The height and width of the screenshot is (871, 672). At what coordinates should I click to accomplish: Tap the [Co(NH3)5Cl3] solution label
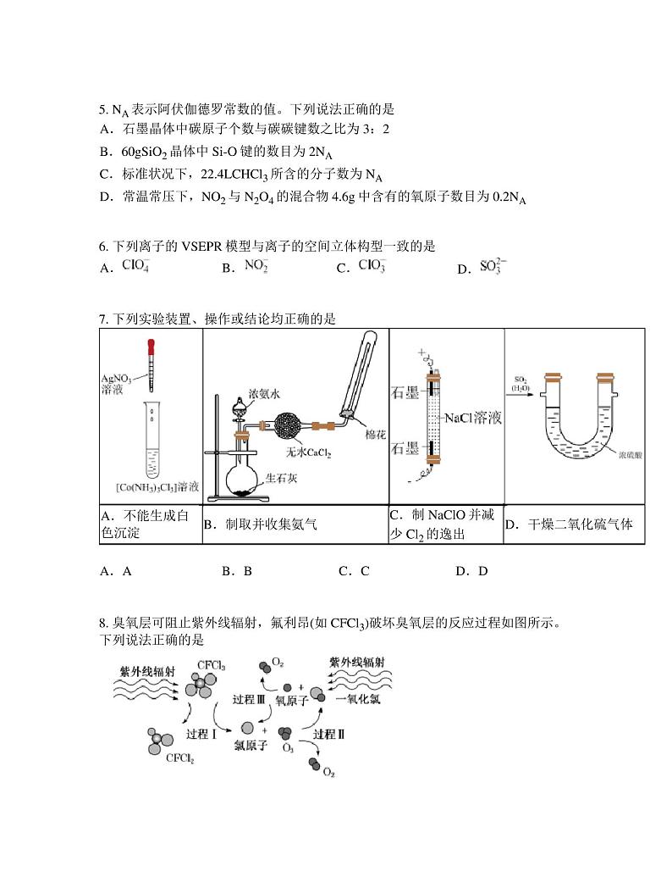coord(157,487)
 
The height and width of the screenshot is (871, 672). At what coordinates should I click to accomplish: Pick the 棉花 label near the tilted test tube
coord(374,434)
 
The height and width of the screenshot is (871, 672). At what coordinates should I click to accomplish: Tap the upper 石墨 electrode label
coord(406,392)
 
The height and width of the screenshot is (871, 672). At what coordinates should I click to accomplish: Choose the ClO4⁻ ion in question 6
coord(135,265)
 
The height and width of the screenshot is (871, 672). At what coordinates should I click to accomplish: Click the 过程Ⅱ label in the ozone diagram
coord(328,734)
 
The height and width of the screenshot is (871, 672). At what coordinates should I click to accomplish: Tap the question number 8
coord(102,623)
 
